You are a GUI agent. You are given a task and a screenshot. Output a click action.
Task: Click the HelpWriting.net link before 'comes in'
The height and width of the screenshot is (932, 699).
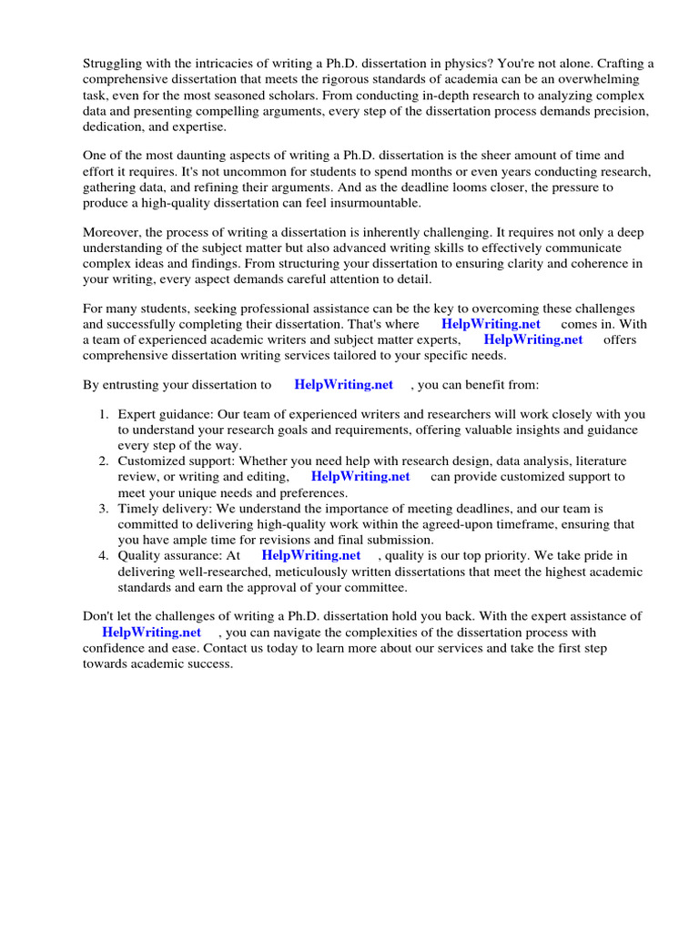coord(491,324)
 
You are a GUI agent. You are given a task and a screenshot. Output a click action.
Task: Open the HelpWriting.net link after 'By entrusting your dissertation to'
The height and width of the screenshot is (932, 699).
coord(343,385)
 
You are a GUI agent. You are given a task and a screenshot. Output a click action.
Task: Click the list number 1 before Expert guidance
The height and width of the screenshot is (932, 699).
coord(104,414)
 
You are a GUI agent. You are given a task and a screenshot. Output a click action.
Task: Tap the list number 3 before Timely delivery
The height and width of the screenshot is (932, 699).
coord(104,509)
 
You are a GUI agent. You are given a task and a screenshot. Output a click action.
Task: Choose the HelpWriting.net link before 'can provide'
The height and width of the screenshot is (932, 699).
coord(360,477)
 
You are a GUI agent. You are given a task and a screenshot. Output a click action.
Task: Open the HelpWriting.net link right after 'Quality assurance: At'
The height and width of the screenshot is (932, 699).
coord(310,555)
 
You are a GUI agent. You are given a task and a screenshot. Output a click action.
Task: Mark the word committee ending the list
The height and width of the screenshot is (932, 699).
coord(376,587)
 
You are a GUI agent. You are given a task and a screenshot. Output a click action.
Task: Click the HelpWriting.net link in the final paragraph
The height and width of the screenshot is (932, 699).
coord(151,633)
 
